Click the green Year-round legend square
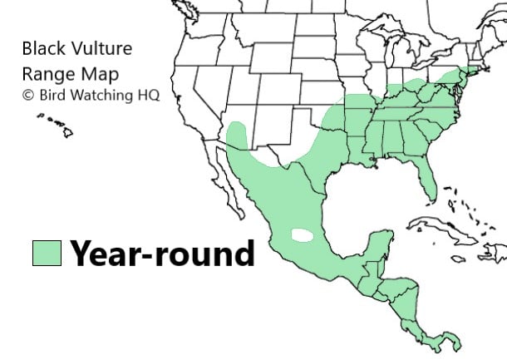(47, 253)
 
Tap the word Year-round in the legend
(162, 253)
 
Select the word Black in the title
(42, 49)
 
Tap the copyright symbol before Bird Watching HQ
(28, 94)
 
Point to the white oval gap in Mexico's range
(303, 235)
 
